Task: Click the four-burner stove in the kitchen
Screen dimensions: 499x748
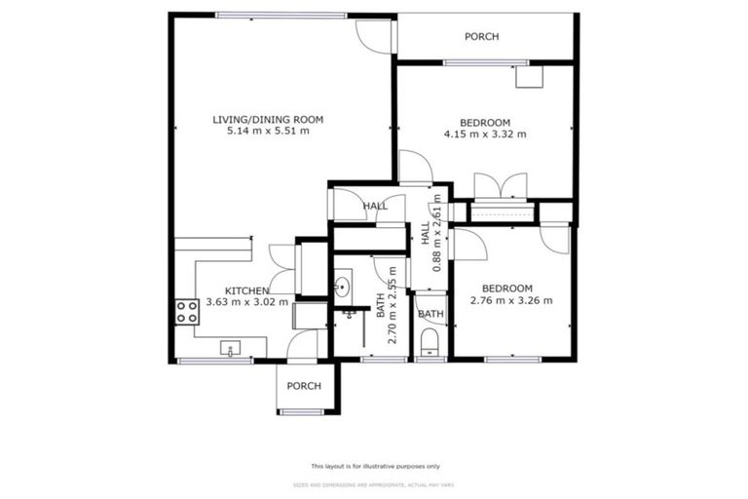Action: coord(186,312)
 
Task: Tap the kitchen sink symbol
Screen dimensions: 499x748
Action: coord(231,347)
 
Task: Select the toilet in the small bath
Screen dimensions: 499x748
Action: coord(430,343)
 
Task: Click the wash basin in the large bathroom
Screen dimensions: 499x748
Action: coord(343,288)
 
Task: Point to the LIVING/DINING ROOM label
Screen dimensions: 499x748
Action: coord(268,120)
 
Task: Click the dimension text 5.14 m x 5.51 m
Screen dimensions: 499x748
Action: coord(268,132)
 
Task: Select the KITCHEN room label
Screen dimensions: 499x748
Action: coord(247,290)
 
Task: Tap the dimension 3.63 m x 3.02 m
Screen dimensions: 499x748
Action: coord(247,302)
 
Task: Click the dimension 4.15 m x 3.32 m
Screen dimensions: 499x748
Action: coord(485,134)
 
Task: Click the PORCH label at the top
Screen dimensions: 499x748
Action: coord(481,37)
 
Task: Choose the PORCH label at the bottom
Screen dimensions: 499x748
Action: coord(304,386)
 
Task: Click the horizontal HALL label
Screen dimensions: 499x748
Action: coord(375,207)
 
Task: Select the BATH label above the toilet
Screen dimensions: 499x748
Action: coord(430,314)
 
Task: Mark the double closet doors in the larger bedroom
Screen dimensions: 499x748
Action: coord(501,186)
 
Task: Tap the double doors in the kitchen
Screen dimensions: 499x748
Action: coord(281,268)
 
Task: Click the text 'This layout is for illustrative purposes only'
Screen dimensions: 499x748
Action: coord(375,466)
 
